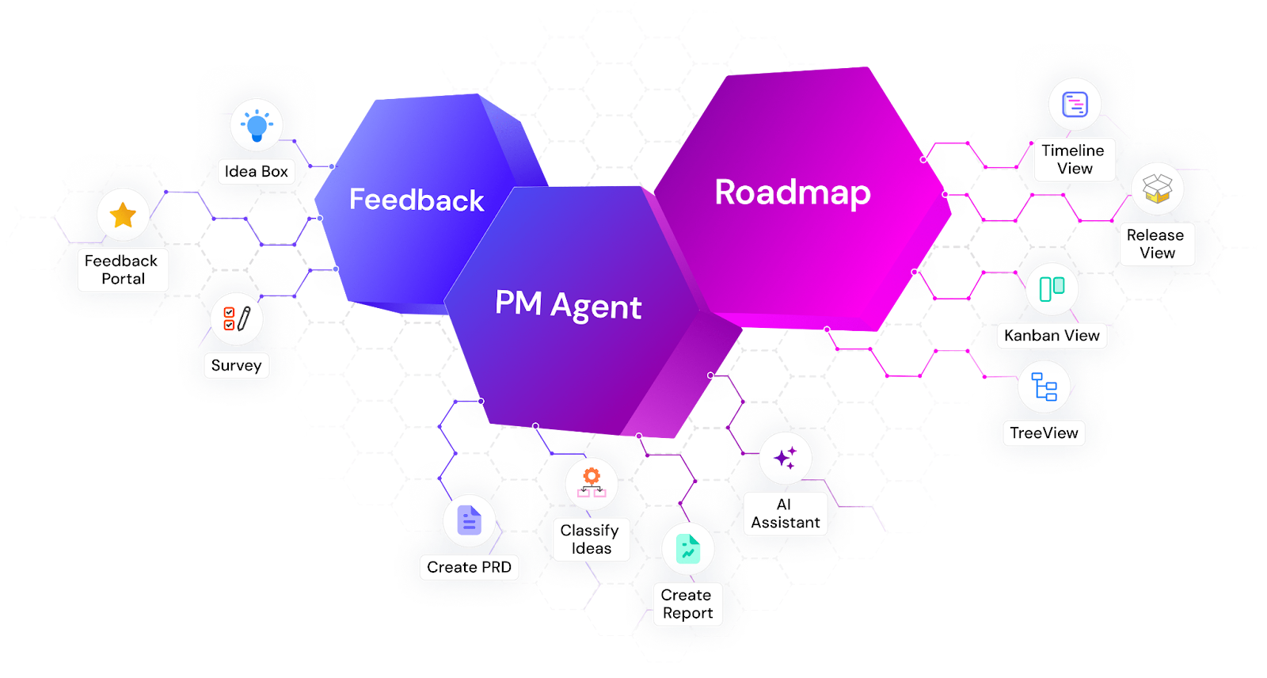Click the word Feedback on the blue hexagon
pos(417,200)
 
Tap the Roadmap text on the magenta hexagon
pos(793,192)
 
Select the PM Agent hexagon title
pos(568,305)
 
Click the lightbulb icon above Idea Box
pos(257,125)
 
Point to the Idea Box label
pos(257,171)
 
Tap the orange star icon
pos(124,215)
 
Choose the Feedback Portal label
pos(122,269)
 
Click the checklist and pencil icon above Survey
pos(236,318)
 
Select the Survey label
pos(236,365)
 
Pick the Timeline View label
pos(1074,159)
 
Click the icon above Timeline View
pos(1075,105)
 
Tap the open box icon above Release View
pos(1157,189)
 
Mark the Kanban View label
pos(1052,335)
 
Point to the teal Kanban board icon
pos(1052,288)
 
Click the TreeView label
pos(1044,432)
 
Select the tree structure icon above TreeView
pos(1044,387)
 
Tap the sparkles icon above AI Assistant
pos(785,458)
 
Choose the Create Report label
pos(687,604)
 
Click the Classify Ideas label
pos(591,539)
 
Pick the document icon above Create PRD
pos(469,521)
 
